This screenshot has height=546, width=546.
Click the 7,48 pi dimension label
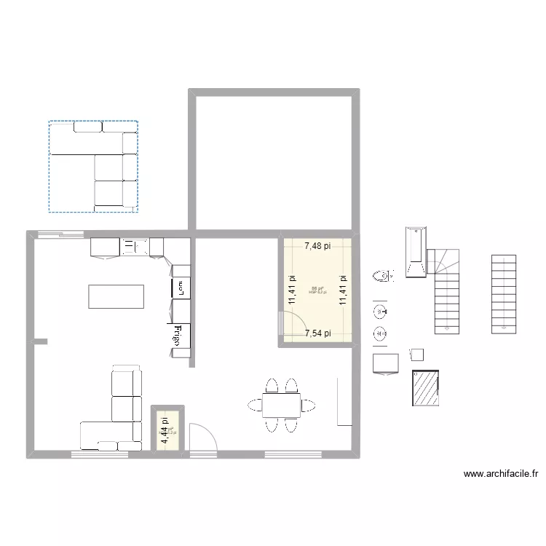click(317, 246)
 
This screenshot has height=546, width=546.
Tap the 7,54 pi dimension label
click(317, 333)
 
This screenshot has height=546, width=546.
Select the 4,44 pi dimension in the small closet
click(165, 430)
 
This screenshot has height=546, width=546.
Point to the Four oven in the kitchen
click(180, 288)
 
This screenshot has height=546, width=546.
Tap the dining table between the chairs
click(281, 404)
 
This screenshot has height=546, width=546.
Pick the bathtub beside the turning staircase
click(415, 253)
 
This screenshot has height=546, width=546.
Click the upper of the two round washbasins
click(380, 312)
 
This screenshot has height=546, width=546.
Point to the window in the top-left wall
click(61, 234)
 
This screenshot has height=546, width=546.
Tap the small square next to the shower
click(416, 355)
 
